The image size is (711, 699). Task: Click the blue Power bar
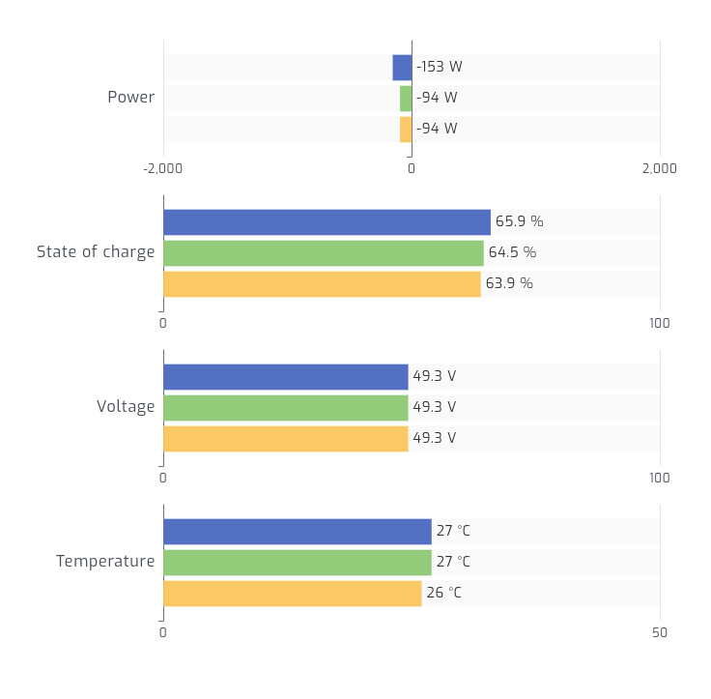(x=402, y=68)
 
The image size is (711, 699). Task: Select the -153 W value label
(x=440, y=68)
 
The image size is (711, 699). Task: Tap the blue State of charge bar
(x=327, y=222)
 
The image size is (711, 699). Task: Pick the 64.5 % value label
(x=512, y=253)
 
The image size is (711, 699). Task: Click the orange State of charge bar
(x=322, y=284)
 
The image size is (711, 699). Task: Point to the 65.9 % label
(x=520, y=222)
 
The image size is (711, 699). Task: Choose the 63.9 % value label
(x=509, y=284)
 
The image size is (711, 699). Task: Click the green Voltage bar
(x=286, y=408)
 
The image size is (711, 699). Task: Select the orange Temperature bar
(x=292, y=594)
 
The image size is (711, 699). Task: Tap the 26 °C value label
(x=443, y=594)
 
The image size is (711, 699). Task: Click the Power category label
(x=130, y=98)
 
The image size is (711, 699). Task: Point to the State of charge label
(x=96, y=252)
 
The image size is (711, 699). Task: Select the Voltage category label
(x=126, y=407)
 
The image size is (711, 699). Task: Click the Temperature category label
(x=105, y=562)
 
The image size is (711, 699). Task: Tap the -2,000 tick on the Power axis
(x=163, y=169)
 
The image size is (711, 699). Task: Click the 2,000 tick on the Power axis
(x=660, y=169)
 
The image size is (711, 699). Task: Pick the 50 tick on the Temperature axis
(x=660, y=633)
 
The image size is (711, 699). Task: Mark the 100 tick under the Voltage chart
(x=660, y=479)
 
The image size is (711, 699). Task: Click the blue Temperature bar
(x=297, y=532)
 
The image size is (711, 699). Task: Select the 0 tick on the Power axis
(x=412, y=169)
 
